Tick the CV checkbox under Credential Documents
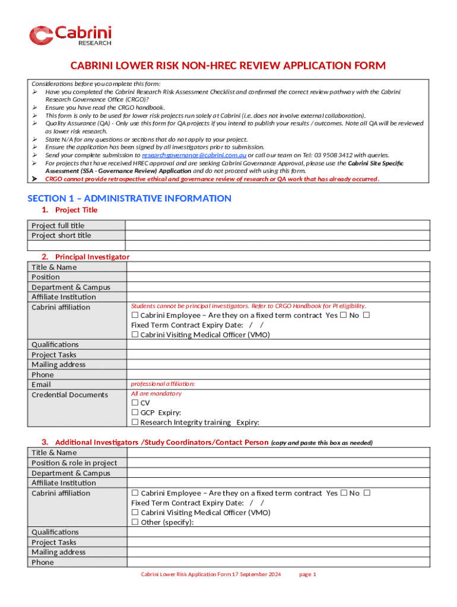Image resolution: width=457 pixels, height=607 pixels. click(x=135, y=402)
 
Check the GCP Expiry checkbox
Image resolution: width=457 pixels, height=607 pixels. click(x=135, y=413)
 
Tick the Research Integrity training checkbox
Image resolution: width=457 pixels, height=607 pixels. click(x=135, y=422)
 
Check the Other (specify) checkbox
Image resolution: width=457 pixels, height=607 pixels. click(x=135, y=522)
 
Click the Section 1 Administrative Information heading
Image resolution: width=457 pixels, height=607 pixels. click(x=129, y=198)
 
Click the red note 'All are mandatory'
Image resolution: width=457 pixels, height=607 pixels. click(x=156, y=394)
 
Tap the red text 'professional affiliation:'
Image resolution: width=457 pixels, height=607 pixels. click(x=163, y=384)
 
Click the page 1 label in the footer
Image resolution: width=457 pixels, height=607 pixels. click(x=308, y=574)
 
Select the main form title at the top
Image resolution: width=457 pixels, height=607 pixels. click(x=228, y=65)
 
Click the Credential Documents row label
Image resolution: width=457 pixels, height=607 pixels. click(x=69, y=395)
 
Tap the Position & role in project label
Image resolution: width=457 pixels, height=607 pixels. click(x=74, y=463)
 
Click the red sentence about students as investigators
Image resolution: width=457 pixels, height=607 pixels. click(x=248, y=306)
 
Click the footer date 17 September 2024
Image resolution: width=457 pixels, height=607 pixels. click(x=256, y=574)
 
